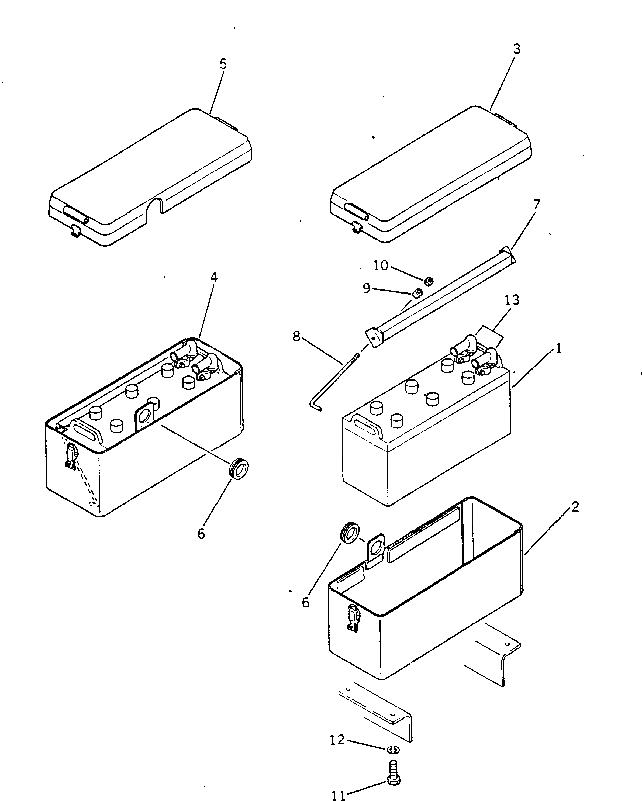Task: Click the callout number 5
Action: coord(223,64)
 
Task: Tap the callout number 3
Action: coord(516,49)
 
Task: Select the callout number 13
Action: coord(512,300)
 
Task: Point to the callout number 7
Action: coord(537,204)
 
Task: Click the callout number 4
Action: coord(214,277)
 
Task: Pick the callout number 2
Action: coord(575,507)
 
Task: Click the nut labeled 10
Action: coord(429,281)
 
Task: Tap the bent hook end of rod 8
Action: coord(315,406)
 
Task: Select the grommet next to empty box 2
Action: coord(350,533)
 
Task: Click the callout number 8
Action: coord(296,337)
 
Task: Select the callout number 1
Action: coord(558,348)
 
